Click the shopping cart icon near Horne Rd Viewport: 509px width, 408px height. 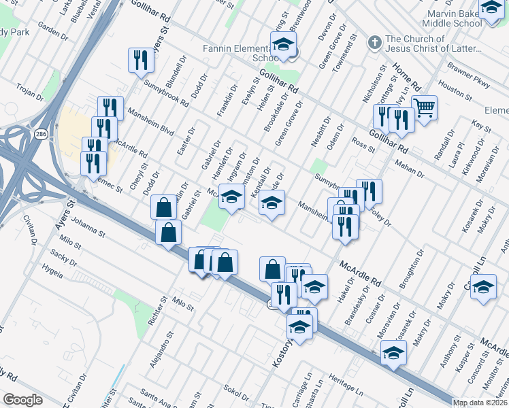click(424, 107)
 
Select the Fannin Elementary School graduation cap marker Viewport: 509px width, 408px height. click(282, 46)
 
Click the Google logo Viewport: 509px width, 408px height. click(22, 400)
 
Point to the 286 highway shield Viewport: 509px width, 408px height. click(42, 133)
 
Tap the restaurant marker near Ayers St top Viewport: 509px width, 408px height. click(141, 60)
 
